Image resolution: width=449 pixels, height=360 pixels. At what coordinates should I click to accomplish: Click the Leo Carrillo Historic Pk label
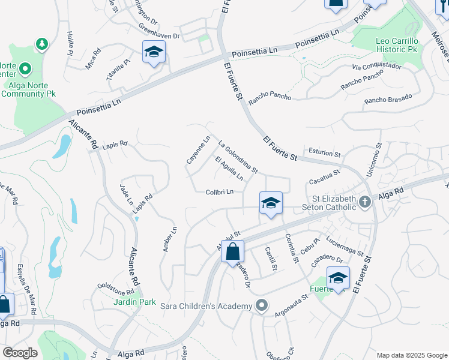(x=396, y=46)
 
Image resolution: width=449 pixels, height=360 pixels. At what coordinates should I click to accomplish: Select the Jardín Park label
(x=135, y=302)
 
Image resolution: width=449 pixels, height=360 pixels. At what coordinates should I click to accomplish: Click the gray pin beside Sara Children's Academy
(x=261, y=306)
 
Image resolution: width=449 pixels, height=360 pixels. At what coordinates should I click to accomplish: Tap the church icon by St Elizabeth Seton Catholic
(x=364, y=204)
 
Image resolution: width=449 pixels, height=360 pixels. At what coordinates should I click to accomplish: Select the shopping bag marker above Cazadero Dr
(x=233, y=252)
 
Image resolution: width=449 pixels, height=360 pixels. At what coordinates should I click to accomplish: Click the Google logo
(x=20, y=353)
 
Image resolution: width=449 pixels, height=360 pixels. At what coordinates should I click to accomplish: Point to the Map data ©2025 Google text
(x=411, y=355)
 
